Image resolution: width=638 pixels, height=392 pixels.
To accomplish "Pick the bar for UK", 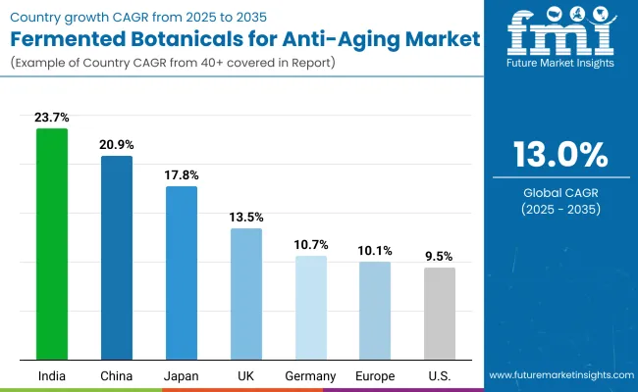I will pos(246,293).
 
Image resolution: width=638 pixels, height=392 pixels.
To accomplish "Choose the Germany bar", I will pos(311,307).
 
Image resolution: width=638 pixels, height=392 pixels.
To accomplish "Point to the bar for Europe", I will pos(375,310).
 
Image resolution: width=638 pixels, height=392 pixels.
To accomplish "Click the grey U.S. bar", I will pos(440,313).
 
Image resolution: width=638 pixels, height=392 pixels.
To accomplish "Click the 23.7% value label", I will pos(52,118).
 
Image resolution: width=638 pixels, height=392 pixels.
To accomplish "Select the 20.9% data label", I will pos(116,144).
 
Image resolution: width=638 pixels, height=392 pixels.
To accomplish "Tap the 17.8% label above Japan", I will pos(181,174).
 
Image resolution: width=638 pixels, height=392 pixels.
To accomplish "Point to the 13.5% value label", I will pos(246,217).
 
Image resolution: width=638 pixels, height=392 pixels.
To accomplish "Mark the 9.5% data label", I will pos(440,256).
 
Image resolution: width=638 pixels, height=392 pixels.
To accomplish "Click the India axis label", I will pos(52,375).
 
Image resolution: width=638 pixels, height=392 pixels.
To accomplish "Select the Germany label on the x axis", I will pos(311,375).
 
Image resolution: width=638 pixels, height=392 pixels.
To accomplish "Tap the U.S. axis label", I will pos(440,375).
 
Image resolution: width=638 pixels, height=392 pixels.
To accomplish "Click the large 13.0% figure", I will pos(560,157).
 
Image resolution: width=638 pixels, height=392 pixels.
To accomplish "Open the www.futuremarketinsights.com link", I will pos(560,375).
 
